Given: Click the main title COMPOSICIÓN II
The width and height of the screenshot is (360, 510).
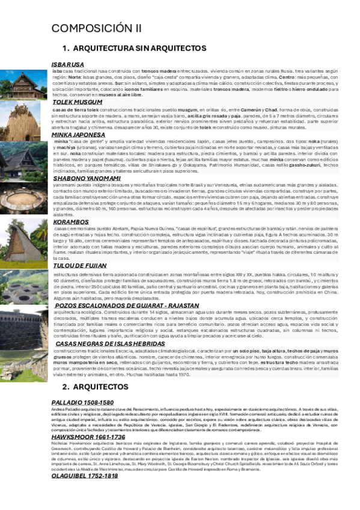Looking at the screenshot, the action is [x=97, y=28].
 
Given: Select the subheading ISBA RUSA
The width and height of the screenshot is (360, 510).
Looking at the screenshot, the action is [x=68, y=64].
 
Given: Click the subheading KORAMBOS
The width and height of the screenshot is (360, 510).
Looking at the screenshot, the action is [x=72, y=222].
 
